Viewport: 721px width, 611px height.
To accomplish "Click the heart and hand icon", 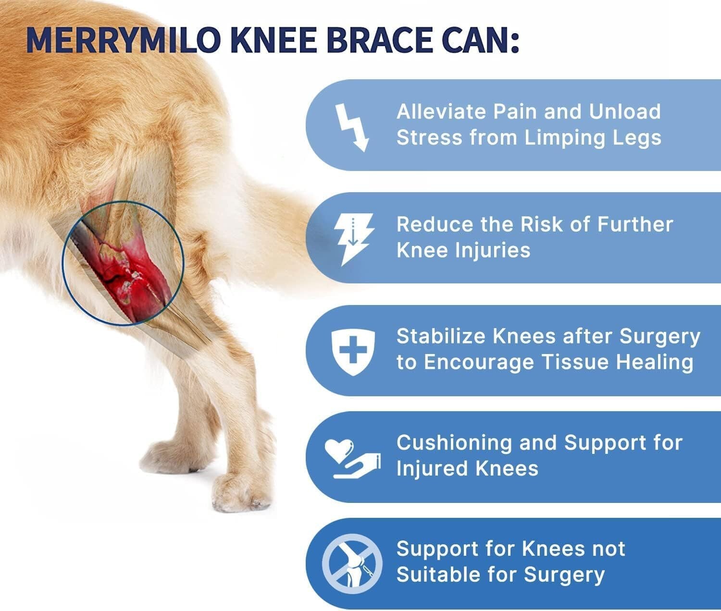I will [352, 458].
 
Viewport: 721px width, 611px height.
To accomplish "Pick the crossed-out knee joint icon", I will [352, 563].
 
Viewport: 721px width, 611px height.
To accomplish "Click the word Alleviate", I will [441, 112].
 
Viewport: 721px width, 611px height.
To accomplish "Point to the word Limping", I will [558, 138].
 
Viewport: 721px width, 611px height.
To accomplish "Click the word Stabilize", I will [441, 337].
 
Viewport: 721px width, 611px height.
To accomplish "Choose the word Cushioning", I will [454, 443].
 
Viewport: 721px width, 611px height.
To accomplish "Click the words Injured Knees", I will [467, 469].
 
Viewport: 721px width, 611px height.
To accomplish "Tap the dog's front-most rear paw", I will [240, 492].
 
